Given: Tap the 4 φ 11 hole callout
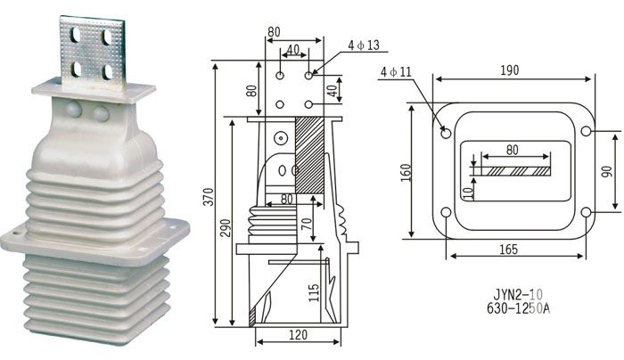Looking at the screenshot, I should [x=396, y=71].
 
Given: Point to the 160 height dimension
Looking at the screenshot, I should [x=406, y=170].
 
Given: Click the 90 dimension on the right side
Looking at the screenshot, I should [x=607, y=169].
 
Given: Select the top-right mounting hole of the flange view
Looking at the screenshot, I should [x=586, y=131].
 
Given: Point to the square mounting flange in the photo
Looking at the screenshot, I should [x=94, y=236].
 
